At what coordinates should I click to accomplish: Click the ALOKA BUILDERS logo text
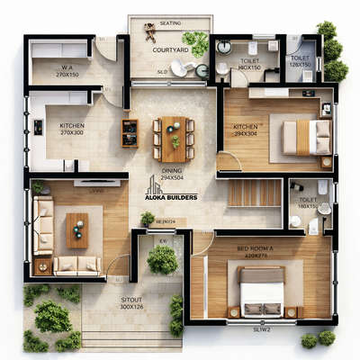(x=174, y=196)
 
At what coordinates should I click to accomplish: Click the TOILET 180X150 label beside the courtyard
(x=249, y=64)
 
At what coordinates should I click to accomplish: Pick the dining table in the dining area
(x=174, y=139)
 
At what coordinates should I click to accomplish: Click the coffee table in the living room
(x=77, y=229)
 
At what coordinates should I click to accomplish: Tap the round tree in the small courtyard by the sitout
(x=162, y=260)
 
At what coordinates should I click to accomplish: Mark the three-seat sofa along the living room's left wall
(x=43, y=225)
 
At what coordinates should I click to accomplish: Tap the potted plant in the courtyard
(x=195, y=40)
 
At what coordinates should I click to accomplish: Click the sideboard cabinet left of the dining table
(x=130, y=133)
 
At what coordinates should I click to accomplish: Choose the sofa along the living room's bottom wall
(x=76, y=265)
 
